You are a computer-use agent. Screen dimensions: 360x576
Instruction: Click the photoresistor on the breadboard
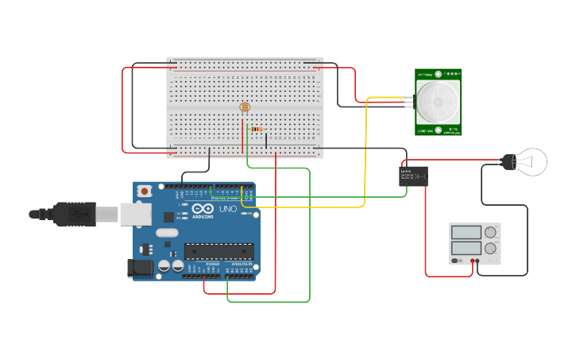coord(244,107)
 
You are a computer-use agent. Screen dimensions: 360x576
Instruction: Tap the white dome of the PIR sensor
coord(439,101)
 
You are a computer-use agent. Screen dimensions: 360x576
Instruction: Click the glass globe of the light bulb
coord(532,161)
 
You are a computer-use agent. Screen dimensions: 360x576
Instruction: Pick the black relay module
coord(413,176)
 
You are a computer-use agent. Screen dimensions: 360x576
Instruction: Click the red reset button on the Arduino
coord(145,192)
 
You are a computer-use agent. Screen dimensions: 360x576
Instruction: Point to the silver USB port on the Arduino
coord(136,213)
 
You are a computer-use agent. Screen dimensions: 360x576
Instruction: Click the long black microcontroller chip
coord(219,251)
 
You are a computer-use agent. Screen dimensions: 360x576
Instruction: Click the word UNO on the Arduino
coord(227,209)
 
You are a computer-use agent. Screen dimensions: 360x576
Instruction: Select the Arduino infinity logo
coord(203,208)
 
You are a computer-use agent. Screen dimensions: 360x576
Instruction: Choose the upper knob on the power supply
coord(491,232)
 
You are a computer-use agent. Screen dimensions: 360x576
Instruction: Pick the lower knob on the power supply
coord(491,248)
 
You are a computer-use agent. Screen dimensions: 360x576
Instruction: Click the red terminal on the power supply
coord(473,261)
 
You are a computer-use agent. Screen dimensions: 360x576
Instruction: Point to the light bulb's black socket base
coord(508,161)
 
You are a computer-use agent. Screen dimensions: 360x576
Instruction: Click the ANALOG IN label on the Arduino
coord(241,264)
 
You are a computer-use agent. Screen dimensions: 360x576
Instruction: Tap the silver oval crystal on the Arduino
coord(168,233)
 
